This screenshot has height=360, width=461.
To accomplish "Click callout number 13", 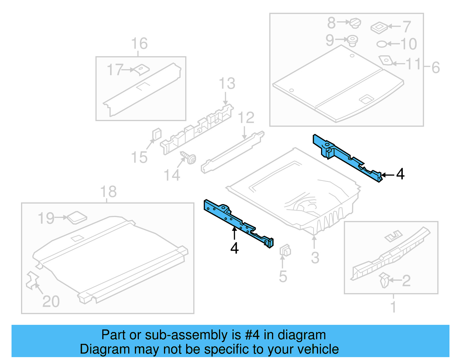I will coord(227,84).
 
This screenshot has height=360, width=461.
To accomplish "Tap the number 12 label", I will coord(246,118).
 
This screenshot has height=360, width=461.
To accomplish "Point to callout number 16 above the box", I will coord(139,44).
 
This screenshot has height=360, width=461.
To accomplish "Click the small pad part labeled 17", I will coord(142,69).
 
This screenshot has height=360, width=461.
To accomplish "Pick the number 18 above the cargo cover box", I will coord(108,192).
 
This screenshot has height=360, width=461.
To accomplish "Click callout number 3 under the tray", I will coord(315,257).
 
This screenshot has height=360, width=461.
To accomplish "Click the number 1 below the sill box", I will coord(393,306).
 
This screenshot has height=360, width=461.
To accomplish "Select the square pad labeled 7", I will coord(379,27).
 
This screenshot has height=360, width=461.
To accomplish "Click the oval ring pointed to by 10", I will coord(381,44).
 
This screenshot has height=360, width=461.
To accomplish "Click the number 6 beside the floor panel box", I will coord(435,67).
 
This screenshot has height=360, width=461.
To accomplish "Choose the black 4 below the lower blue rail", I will coord(235,248).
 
